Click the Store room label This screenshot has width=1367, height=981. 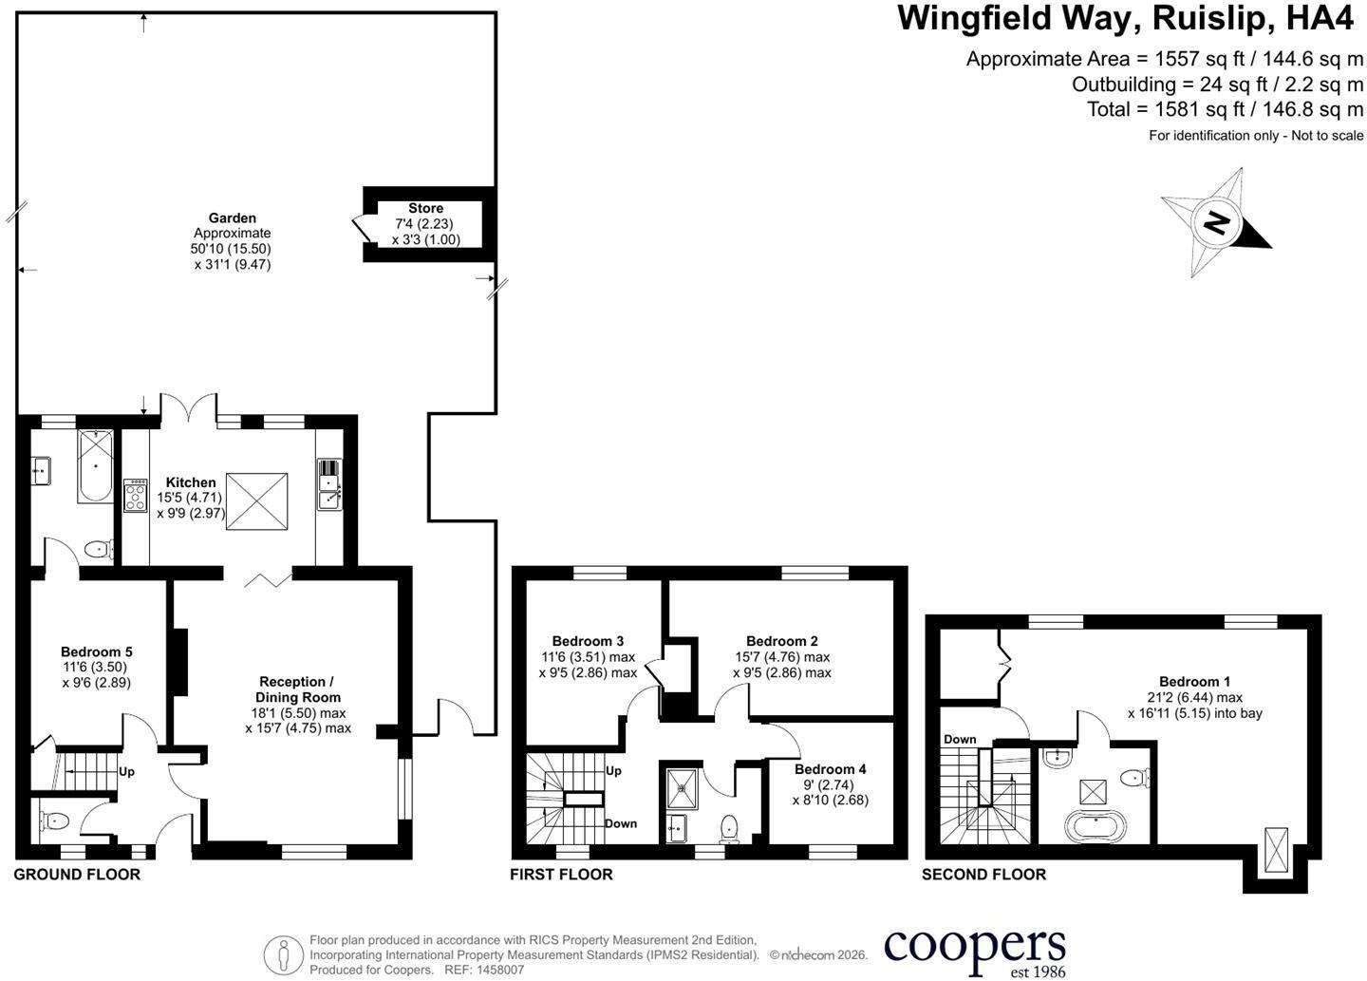(x=425, y=208)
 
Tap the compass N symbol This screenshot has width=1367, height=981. (x=1214, y=223)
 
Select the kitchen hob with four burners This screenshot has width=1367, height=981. (x=136, y=495)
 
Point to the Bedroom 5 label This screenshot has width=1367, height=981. (x=97, y=652)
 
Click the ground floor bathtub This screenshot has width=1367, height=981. (x=95, y=466)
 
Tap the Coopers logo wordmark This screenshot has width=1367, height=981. (x=975, y=948)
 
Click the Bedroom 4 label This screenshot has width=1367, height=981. (x=830, y=769)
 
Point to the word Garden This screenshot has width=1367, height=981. (x=232, y=217)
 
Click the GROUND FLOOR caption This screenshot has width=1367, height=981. (x=77, y=875)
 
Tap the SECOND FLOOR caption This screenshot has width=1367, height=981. (x=983, y=875)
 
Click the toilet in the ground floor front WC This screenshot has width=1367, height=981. (x=54, y=821)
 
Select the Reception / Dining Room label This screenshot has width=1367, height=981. (x=298, y=689)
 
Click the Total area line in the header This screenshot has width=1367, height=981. (x=1225, y=109)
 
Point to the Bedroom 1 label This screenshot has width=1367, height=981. (x=1195, y=681)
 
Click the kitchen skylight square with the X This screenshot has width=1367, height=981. (x=256, y=501)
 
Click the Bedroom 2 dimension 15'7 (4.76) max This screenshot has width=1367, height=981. (x=782, y=657)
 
